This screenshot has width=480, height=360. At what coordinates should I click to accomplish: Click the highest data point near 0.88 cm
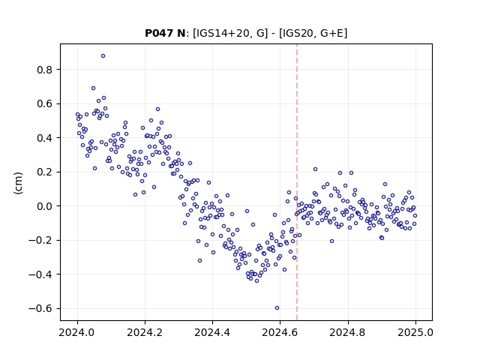coord(103,56)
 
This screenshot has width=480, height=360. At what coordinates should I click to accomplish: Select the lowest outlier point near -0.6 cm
coord(277,308)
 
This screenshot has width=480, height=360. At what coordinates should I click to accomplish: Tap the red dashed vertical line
coord(297,182)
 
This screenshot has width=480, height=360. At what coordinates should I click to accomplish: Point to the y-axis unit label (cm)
coord(18,183)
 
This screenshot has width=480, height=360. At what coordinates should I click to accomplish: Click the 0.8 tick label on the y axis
coord(45,70)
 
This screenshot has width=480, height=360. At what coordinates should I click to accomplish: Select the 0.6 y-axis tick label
coord(45,104)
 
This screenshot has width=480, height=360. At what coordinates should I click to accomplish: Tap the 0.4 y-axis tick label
coord(45,138)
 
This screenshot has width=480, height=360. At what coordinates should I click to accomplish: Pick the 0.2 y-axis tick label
coord(45,172)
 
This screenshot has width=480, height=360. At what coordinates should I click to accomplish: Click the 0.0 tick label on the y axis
coord(45,206)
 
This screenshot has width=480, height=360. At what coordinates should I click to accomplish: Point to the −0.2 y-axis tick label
coord(40,240)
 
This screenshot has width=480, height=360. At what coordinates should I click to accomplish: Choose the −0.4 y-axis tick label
coord(40,274)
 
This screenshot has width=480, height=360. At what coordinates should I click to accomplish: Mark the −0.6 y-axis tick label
coord(40,308)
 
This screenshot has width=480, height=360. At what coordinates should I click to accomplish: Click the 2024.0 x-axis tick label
coord(77,332)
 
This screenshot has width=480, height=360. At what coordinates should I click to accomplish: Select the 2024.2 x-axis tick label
coord(145,332)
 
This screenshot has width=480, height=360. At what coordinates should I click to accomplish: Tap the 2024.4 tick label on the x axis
coord(212,332)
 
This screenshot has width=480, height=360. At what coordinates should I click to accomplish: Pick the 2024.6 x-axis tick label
coord(280,332)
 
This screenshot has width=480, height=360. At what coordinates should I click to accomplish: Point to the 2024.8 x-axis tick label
coord(347,332)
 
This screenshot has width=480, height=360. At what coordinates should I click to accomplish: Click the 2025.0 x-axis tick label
coord(415,332)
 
